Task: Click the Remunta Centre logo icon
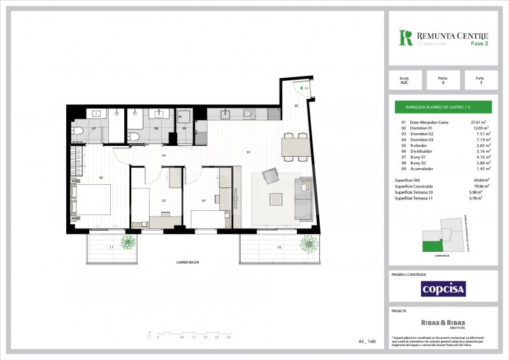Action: click(405, 38)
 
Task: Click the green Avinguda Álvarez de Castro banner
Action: click(440, 107)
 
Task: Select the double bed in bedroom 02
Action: click(92, 199)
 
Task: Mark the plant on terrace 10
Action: click(310, 243)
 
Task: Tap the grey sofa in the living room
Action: click(303, 198)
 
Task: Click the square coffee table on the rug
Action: click(276, 198)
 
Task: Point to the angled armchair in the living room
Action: click(270, 175)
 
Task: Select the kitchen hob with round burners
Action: click(249, 115)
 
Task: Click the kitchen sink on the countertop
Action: click(224, 115)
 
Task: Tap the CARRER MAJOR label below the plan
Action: click(188, 262)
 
